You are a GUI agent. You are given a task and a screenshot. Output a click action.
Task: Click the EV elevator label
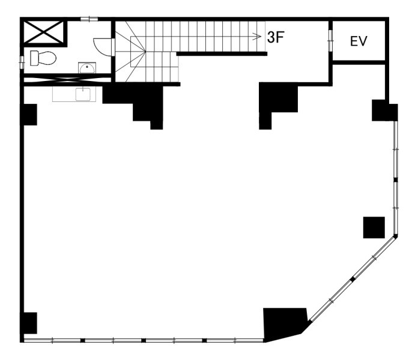359,41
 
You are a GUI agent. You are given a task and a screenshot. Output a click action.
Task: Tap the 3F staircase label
276,37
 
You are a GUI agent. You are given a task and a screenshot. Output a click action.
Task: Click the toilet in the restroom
43,58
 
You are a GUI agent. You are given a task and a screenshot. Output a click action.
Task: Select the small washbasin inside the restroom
87,68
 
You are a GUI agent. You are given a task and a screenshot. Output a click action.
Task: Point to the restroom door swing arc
100,48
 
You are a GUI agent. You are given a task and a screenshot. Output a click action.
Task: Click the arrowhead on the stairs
257,36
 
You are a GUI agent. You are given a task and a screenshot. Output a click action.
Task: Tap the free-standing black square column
374,227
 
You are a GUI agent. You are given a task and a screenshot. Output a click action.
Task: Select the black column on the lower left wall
28,323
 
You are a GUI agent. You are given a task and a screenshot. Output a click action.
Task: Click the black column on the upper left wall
28,115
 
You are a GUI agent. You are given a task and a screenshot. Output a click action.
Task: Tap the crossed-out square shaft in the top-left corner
44,32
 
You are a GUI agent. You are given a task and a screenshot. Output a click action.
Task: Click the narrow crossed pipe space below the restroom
67,80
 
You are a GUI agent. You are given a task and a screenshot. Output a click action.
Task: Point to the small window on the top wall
89,19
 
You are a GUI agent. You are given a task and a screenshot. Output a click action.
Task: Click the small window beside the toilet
22,62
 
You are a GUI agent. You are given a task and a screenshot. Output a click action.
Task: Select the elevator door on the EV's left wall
330,40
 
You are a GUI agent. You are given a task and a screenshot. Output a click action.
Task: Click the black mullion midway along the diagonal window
353,279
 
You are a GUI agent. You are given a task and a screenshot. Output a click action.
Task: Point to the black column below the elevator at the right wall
384,110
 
